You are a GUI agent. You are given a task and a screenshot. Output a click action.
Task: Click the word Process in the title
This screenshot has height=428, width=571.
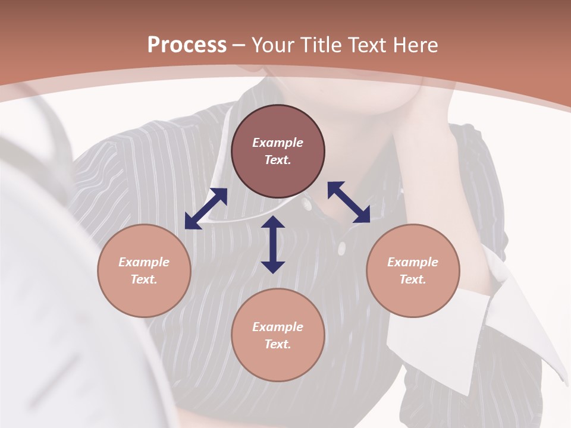(x=187, y=45)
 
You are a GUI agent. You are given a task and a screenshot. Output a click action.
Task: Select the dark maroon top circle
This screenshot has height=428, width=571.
(x=278, y=152)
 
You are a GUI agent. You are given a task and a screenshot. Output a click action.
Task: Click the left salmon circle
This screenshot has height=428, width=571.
(x=144, y=270)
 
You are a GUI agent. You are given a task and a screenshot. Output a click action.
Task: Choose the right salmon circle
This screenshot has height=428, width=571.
(x=413, y=270)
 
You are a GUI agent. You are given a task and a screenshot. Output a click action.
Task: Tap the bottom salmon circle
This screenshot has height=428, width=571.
(x=278, y=335)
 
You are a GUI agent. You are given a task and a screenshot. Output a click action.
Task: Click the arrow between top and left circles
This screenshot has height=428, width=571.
(x=206, y=209)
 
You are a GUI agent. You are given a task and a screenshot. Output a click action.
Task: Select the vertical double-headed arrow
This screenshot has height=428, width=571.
(x=273, y=244)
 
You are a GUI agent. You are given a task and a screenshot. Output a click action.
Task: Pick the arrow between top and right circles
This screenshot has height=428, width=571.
(x=349, y=202)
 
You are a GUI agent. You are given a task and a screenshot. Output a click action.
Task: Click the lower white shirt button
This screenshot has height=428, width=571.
(x=341, y=248)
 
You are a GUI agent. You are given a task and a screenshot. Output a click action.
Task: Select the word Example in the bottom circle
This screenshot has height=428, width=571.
(x=278, y=327)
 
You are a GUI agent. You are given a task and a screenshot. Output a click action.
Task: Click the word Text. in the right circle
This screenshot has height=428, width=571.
(x=413, y=279)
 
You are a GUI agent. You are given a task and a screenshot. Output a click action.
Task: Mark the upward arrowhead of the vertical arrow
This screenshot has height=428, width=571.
(x=273, y=223)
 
